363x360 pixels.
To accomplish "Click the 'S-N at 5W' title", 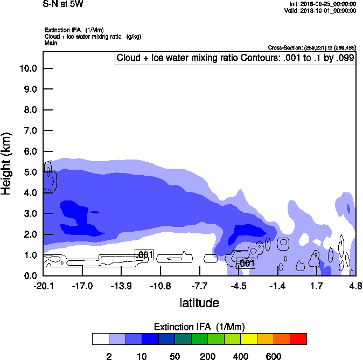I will [63, 4].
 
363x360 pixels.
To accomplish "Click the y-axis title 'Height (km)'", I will [7, 164].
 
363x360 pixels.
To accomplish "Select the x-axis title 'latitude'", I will [199, 303].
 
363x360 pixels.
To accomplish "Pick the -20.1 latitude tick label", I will [43, 286].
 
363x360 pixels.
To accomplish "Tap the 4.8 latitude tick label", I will [355, 286].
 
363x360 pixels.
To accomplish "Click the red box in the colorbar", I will [298, 339].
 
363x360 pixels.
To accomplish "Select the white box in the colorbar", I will [100, 339].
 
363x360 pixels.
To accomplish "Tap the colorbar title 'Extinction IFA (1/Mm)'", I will [199, 327].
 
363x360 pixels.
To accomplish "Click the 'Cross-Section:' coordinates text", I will [312, 47].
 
